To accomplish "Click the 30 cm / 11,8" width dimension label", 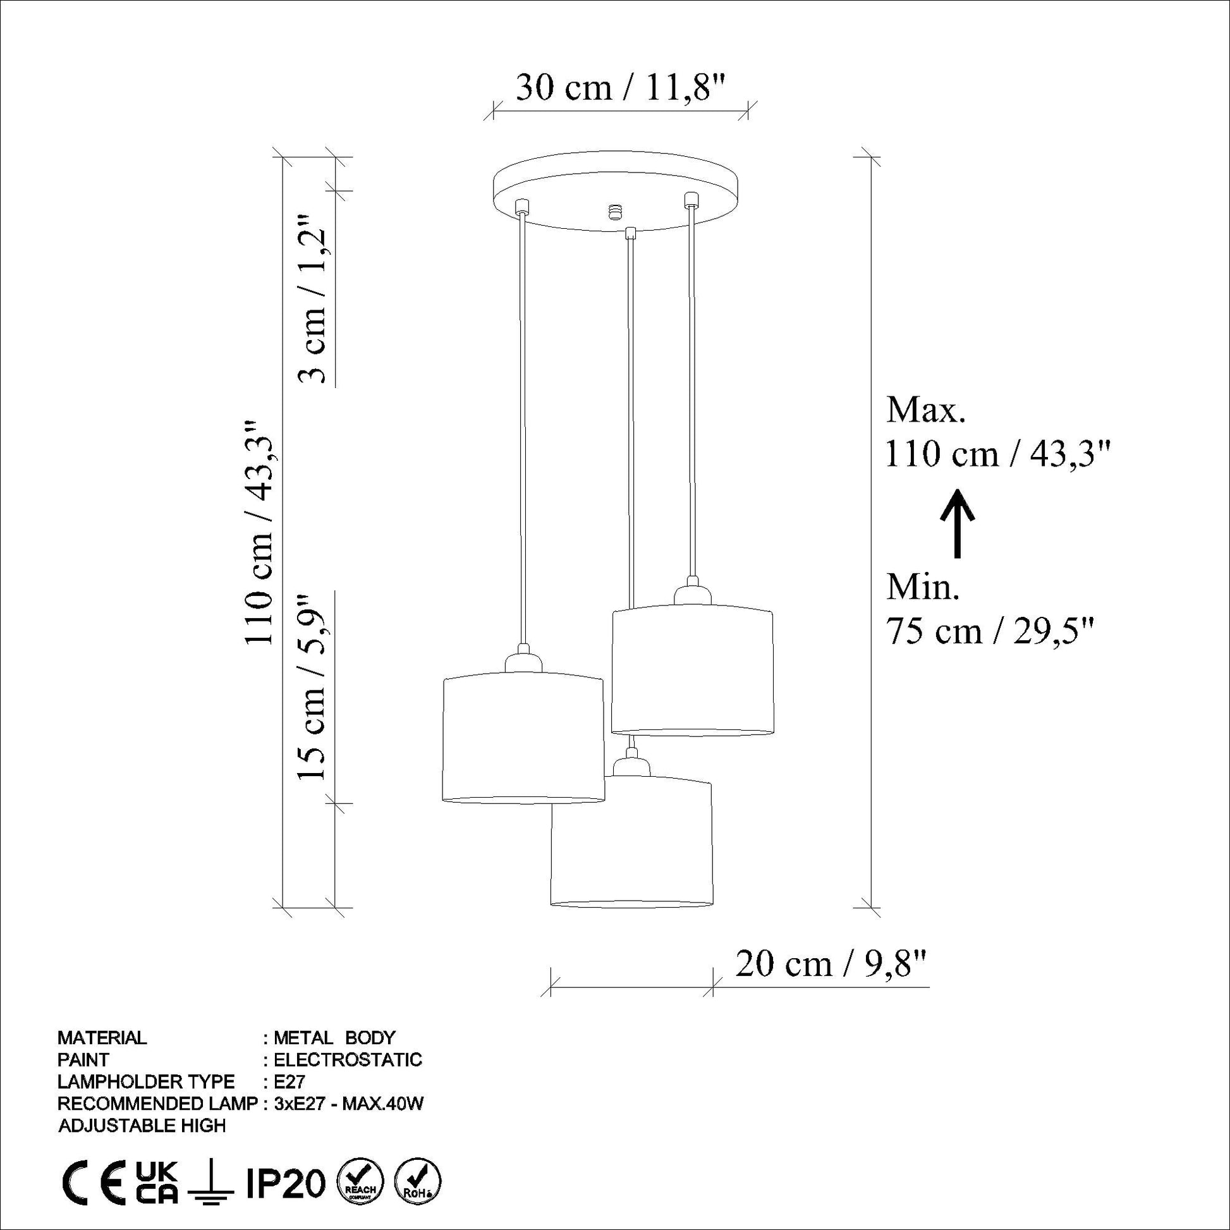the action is pyautogui.click(x=621, y=87).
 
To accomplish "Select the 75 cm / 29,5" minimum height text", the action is pyautogui.click(x=990, y=631).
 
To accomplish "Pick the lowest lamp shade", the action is pyautogui.click(x=631, y=841).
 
